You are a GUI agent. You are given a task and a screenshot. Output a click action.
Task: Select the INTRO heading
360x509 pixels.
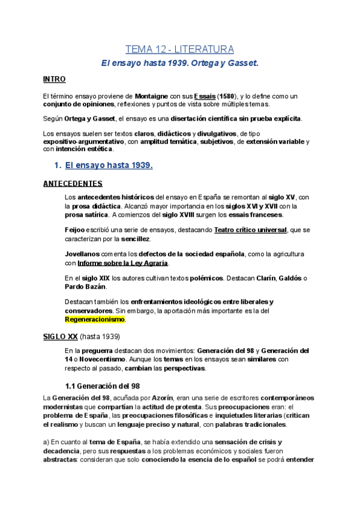(x=54, y=79)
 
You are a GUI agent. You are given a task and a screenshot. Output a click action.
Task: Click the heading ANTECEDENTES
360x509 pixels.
(x=73, y=183)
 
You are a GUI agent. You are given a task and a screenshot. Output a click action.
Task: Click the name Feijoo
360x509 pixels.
(x=75, y=230)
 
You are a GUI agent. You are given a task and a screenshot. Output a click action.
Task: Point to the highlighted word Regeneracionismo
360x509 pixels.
(x=94, y=320)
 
